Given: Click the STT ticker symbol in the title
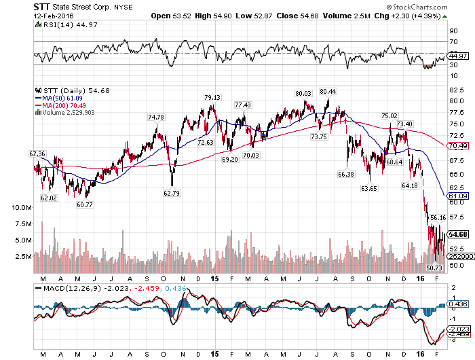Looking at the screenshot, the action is [41, 7].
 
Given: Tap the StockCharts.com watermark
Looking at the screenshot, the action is [417, 7].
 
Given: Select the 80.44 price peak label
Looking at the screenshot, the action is [328, 91].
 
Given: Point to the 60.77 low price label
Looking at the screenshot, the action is [85, 204].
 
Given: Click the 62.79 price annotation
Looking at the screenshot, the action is [172, 193].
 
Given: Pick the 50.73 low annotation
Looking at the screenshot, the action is [434, 268].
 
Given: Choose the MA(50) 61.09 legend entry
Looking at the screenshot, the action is [59, 98].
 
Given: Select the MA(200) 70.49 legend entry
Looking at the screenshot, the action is [60, 105].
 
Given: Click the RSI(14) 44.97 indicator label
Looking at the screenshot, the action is [66, 25].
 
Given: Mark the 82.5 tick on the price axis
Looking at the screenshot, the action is [457, 90].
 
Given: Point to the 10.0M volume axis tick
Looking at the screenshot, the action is [22, 208].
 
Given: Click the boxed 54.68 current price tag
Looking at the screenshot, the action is [458, 234].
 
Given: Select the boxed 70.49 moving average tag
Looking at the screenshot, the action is [458, 146].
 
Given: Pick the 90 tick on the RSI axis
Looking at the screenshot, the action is [454, 31].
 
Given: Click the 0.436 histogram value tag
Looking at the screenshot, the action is [458, 304].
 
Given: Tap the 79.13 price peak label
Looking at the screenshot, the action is [212, 97].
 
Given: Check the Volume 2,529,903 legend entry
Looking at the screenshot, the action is [65, 113].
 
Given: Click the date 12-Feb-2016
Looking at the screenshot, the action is [54, 16].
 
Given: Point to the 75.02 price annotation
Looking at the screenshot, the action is [389, 115].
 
